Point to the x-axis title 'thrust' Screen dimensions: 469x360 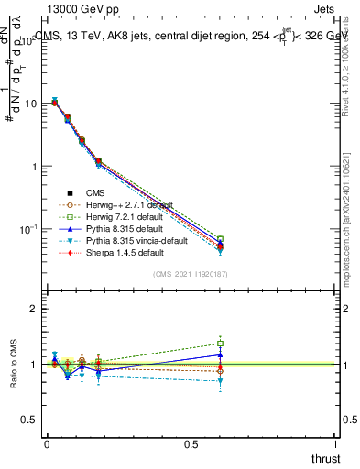coord(326,457)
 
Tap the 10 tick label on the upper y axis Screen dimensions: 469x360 coord(30,104)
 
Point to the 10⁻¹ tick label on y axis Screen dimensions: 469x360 coord(28,229)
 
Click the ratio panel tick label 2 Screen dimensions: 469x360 coord(34,309)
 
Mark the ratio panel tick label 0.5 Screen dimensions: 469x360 coord(29,420)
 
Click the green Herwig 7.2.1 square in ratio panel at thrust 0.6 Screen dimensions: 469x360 coord(220,344)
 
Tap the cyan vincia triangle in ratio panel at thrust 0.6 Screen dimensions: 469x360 coord(220,381)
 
